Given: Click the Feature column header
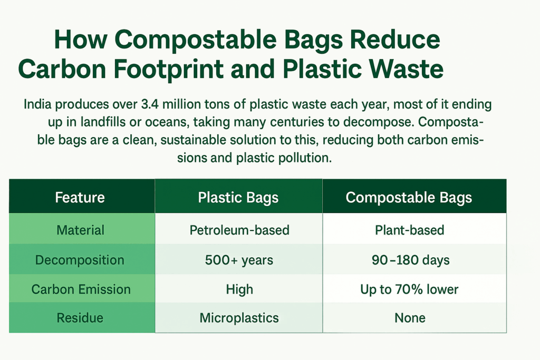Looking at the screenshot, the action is click(80, 198).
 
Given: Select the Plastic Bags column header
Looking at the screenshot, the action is click(238, 198).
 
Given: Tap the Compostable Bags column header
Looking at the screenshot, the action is click(409, 198).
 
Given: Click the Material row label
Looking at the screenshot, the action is click(80, 230).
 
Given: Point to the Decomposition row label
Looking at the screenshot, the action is click(80, 260).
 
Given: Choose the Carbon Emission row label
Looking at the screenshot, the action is click(81, 289).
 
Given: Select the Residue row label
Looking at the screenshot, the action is click(80, 318).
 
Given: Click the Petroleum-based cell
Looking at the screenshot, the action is click(239, 230).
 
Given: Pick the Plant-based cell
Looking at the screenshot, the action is click(409, 230).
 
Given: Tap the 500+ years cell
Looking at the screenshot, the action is click(239, 260).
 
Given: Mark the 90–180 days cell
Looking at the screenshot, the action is click(410, 260).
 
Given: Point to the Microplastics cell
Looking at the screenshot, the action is click(239, 318).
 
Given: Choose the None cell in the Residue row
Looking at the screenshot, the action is click(410, 318).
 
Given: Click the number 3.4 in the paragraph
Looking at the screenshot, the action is click(150, 104).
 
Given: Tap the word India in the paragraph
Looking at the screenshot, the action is click(37, 104).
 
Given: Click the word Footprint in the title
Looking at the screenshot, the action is click(168, 69).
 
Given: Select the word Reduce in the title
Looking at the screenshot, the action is click(395, 40).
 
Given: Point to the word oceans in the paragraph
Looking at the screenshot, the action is click(166, 122).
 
